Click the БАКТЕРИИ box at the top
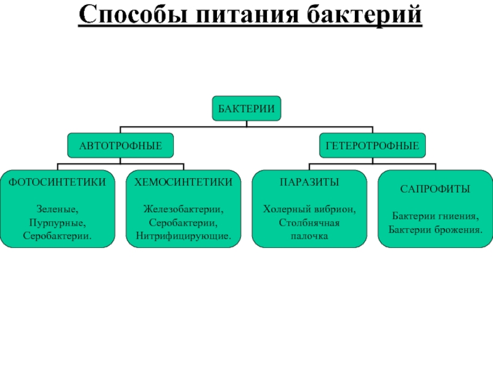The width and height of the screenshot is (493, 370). point(246,108)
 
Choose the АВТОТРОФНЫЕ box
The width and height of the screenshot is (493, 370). point(120,145)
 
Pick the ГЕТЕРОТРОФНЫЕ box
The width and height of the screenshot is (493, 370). point(372,145)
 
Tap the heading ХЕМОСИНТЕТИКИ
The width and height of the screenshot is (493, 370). point(184,183)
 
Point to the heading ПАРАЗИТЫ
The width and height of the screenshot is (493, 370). point(309,183)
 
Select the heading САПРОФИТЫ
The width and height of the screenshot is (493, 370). point(435,189)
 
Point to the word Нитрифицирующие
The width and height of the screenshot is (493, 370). point(184,236)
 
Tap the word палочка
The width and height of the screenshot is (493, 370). point(309,236)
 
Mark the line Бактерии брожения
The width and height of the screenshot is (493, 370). point(435,229)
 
